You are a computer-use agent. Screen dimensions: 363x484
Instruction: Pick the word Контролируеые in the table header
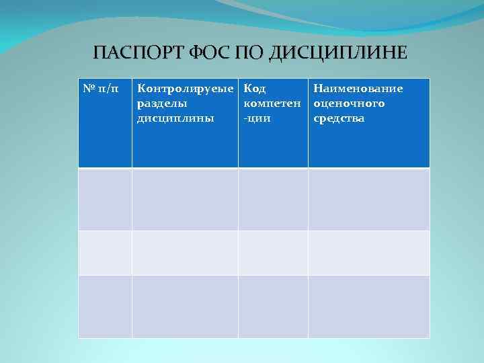click(x=185, y=89)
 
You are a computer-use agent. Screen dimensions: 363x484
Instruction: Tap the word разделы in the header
click(x=162, y=104)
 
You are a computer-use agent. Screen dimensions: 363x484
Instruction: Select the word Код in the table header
click(x=255, y=89)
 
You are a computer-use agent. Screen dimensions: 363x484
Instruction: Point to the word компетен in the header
click(x=273, y=104)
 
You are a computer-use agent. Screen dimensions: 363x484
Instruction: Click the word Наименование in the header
click(x=358, y=89)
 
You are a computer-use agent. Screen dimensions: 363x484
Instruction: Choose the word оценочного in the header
click(x=350, y=104)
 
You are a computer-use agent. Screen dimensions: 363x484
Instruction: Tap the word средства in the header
click(x=339, y=118)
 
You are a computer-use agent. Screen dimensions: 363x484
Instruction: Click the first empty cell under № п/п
click(x=105, y=199)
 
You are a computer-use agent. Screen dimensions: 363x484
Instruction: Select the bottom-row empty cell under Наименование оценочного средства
click(x=368, y=307)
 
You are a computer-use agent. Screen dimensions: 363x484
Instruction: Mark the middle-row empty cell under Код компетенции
click(x=273, y=253)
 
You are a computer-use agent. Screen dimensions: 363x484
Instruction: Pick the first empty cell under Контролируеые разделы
click(x=185, y=199)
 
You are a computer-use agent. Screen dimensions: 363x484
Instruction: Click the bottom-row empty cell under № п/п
click(x=105, y=307)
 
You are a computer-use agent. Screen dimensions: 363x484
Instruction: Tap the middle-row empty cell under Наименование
click(x=368, y=253)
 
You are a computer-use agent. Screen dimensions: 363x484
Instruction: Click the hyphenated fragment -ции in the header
click(x=257, y=118)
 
